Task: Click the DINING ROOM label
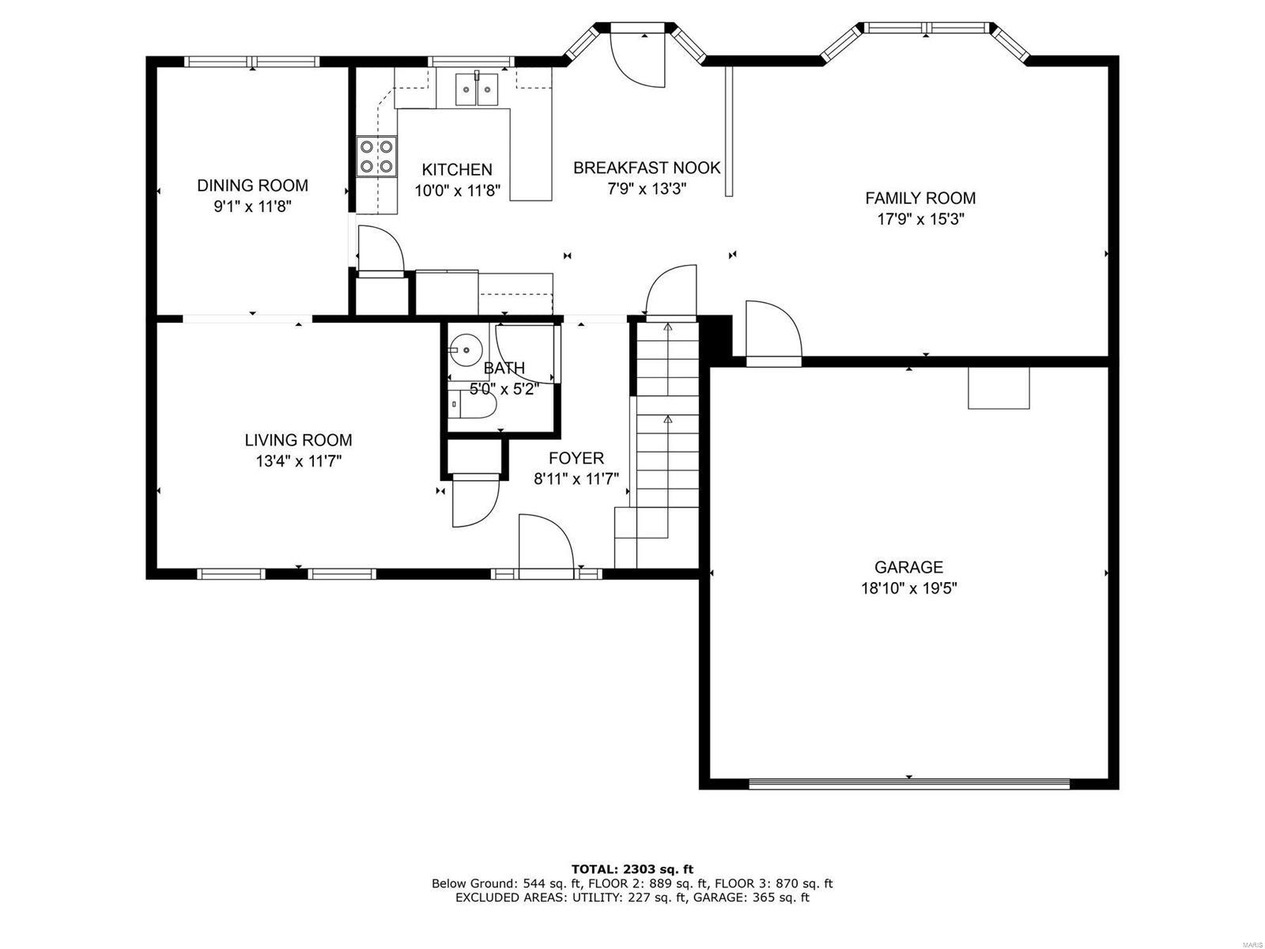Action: pos(252,185)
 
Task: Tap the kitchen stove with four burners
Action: pos(376,156)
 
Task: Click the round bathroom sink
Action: pos(466,349)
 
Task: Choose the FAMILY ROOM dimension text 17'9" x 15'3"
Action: pos(920,219)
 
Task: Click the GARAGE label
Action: pos(908,567)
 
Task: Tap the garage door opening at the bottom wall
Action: pos(908,784)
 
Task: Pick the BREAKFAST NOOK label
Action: pos(647,168)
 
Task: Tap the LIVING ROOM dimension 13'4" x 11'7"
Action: pos(298,461)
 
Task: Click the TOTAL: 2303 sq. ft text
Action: pos(632,869)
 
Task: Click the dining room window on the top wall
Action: pos(251,62)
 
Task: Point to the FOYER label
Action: pos(576,458)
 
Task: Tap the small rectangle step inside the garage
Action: pos(999,388)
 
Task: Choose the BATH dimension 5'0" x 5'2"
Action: pos(504,388)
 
